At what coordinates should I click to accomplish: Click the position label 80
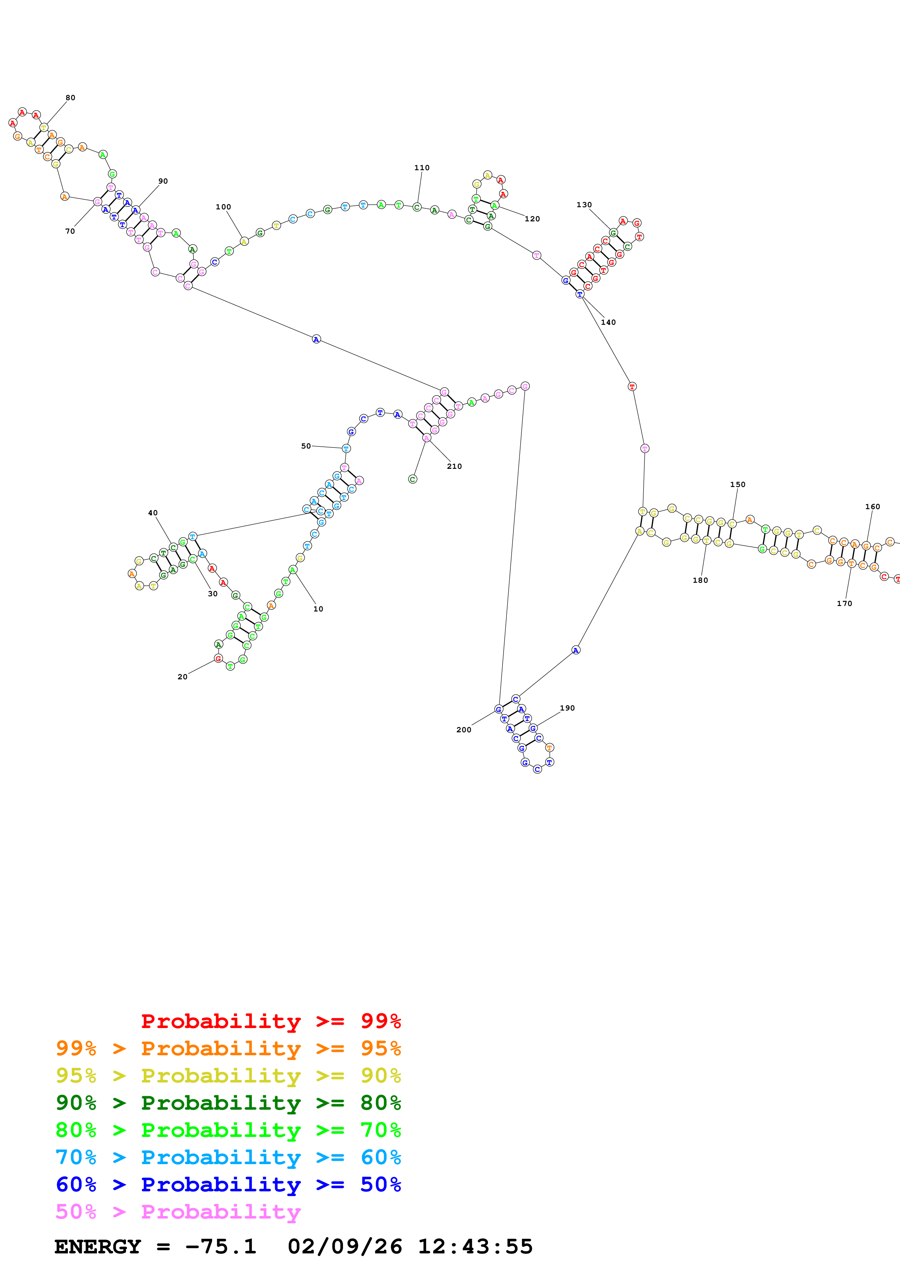(70, 98)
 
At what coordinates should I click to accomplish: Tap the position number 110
(422, 167)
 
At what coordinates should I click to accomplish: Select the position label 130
(584, 205)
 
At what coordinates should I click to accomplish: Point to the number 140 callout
(608, 322)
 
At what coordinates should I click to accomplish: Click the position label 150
(737, 484)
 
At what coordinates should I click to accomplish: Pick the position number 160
(872, 506)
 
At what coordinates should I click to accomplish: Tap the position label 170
(844, 603)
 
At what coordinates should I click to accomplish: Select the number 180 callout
(700, 580)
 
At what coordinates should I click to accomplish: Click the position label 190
(567, 708)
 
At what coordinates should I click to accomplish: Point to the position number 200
(464, 730)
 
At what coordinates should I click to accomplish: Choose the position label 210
(454, 466)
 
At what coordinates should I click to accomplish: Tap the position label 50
(306, 446)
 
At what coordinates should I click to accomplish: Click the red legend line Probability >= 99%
(270, 1021)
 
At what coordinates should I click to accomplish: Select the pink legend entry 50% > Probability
(178, 1211)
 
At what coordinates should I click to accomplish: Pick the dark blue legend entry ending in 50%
(228, 1184)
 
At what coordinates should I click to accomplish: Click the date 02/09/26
(345, 1247)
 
